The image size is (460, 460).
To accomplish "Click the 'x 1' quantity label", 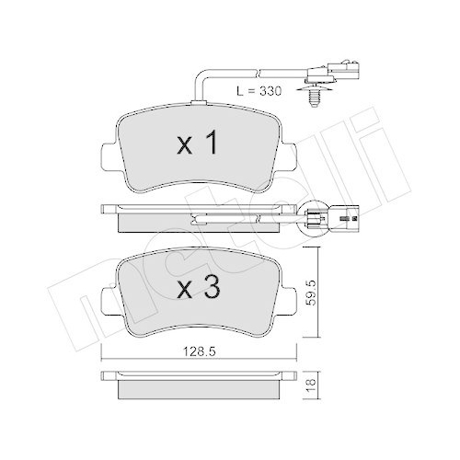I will pyautogui.click(x=196, y=144).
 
